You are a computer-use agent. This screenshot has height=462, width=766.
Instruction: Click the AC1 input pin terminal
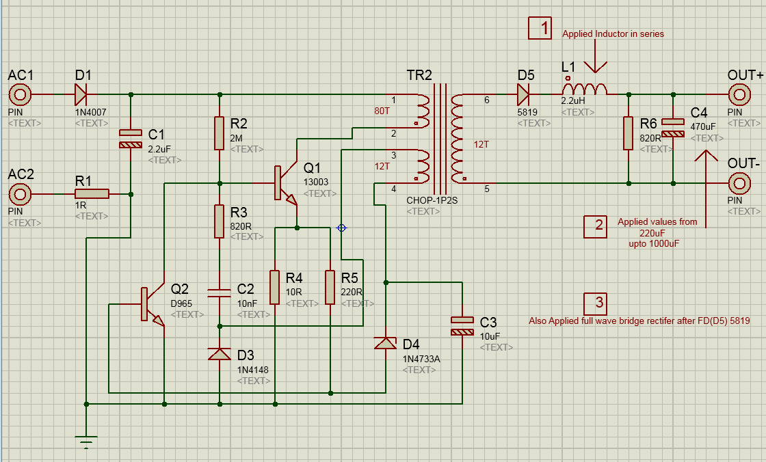(20, 94)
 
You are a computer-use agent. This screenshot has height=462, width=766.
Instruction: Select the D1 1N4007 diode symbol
(81, 94)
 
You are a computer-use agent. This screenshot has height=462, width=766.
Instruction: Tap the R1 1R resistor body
(92, 194)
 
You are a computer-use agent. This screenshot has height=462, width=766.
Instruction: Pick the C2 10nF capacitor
(219, 294)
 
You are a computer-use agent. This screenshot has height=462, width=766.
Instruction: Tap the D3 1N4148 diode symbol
(219, 354)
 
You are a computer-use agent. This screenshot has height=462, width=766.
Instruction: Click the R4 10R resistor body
(274, 287)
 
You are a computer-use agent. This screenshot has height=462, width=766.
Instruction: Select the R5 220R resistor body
(330, 287)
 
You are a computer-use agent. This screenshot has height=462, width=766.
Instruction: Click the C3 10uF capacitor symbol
(462, 326)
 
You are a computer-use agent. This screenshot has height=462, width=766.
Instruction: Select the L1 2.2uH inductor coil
(585, 90)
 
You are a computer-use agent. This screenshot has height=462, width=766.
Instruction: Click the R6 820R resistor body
(628, 133)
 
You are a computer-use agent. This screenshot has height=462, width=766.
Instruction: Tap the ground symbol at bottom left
(85, 441)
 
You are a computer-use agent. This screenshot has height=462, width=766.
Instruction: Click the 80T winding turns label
(382, 111)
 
